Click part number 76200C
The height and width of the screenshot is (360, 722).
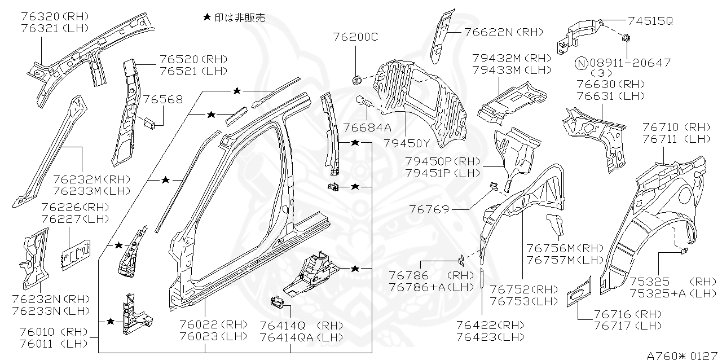coord(356,38)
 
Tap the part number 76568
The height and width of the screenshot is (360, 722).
coord(162,100)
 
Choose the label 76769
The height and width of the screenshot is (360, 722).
coord(430,209)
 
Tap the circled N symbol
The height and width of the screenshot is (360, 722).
coord(582,63)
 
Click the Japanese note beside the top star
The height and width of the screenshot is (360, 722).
coord(240,18)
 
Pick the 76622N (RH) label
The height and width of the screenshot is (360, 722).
coord(504,32)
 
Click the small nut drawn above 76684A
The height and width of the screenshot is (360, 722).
coord(356,79)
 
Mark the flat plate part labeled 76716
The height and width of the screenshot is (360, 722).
coord(579,291)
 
